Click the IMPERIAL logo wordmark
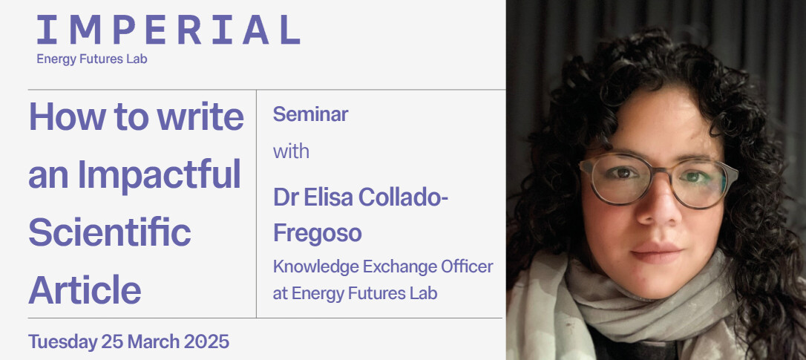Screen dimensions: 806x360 coord(168,30)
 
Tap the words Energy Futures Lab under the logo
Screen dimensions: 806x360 coord(92,59)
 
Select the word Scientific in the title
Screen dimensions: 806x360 coord(110,232)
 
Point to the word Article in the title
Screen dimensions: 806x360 coord(85,289)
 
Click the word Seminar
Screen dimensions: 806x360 coord(310,114)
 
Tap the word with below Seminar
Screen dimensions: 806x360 coord(291,151)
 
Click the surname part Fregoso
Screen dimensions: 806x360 coord(317,232)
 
